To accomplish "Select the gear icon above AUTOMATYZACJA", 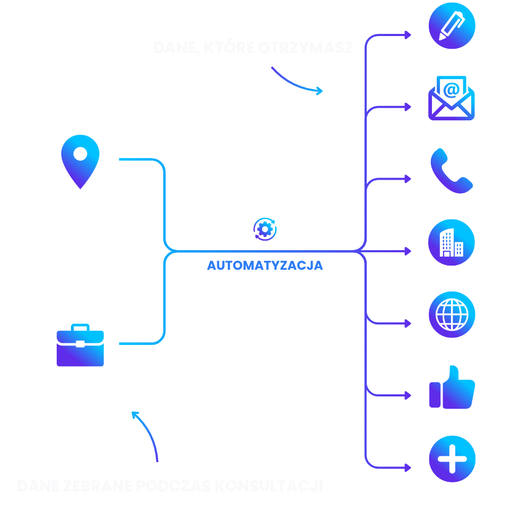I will coord(265,229).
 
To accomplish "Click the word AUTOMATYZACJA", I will coord(265,266).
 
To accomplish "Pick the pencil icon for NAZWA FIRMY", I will coord(452,25).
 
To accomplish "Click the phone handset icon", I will coord(452,171).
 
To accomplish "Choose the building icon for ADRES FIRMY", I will coord(452,243).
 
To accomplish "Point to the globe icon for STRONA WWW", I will coord(452,315).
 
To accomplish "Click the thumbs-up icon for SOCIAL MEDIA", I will coord(452,387).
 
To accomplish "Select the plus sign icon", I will coord(452,460).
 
